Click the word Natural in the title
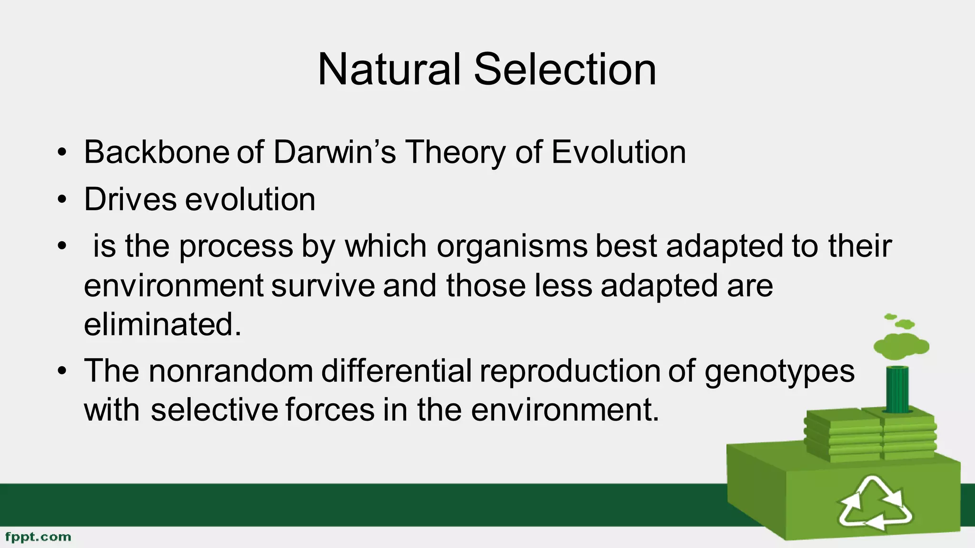(389, 69)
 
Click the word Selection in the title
(565, 69)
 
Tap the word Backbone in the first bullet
(157, 152)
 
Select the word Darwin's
(334, 152)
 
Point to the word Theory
(455, 153)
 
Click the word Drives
(130, 199)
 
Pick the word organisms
(512, 246)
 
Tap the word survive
(323, 285)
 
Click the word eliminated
(162, 324)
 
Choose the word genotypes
(779, 372)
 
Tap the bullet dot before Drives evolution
(61, 200)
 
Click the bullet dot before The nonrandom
(61, 372)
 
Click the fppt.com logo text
(38, 537)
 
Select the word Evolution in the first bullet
(618, 152)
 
